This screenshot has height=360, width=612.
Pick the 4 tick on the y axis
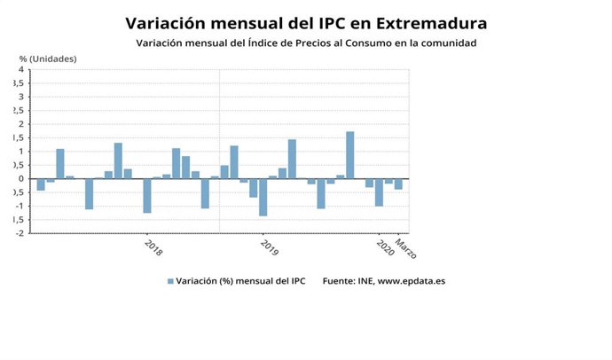pyautogui.click(x=22, y=69)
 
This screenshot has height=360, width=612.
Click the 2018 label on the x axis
pyautogui.click(x=153, y=247)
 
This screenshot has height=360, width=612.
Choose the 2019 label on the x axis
pyautogui.click(x=270, y=247)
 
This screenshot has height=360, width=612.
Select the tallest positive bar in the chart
pyautogui.click(x=350, y=155)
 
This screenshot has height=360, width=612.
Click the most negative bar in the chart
pyautogui.click(x=263, y=197)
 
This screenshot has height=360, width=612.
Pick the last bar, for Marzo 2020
pyautogui.click(x=398, y=184)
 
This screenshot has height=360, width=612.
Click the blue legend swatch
pyautogui.click(x=169, y=282)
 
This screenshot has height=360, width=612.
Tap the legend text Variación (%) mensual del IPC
pyautogui.click(x=240, y=282)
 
